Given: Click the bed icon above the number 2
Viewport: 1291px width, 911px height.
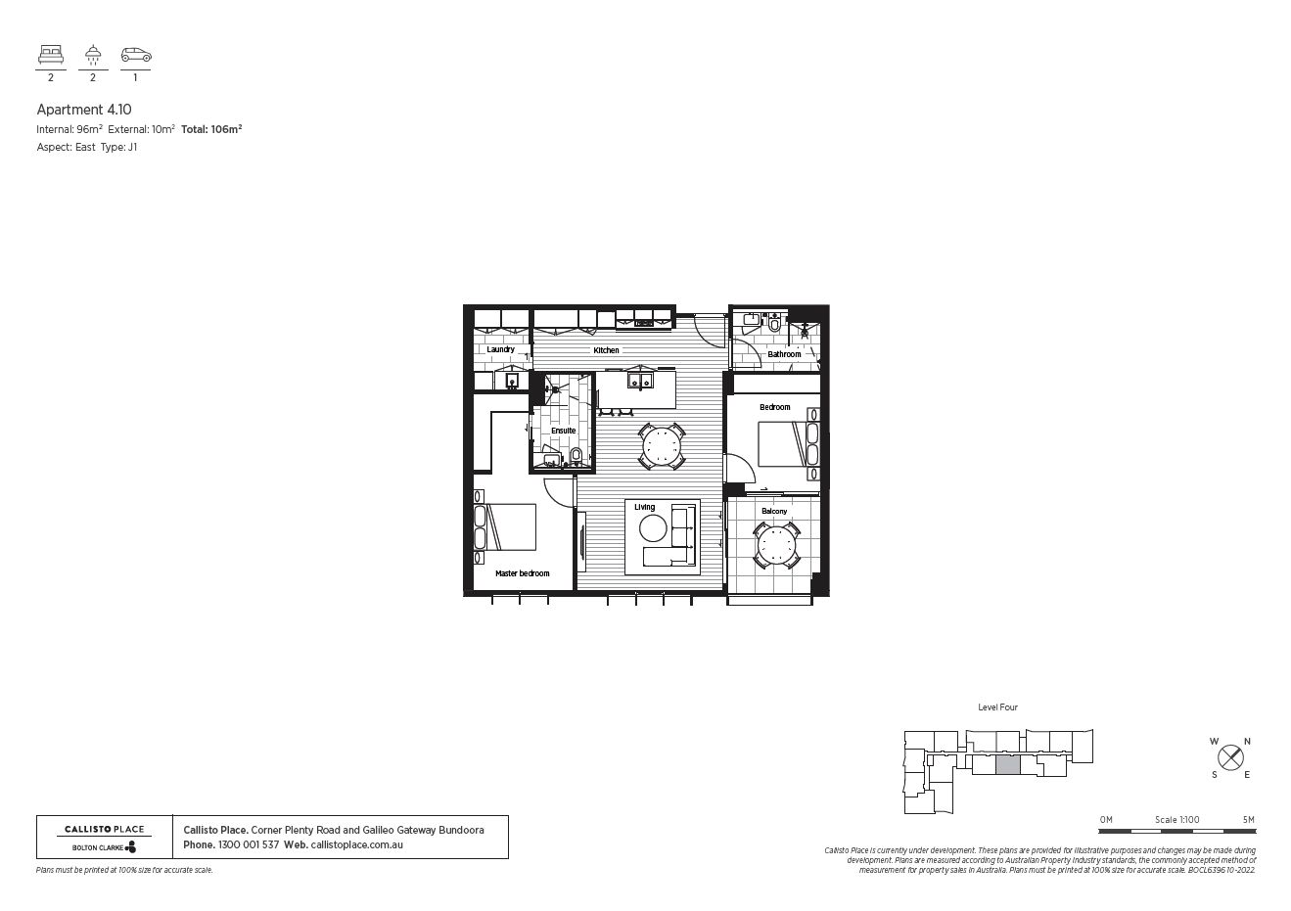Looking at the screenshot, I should (x=51, y=55).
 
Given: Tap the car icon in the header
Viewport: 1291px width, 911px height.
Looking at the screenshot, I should (x=135, y=56).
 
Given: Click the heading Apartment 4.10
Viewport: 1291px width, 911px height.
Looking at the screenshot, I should (x=83, y=110).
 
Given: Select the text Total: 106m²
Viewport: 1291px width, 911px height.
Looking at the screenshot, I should (x=211, y=128).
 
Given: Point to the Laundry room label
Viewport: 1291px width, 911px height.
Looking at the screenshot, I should (x=500, y=349).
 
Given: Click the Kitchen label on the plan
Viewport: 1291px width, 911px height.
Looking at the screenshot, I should (x=606, y=350).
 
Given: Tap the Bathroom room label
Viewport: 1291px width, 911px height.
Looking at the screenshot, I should (x=784, y=354).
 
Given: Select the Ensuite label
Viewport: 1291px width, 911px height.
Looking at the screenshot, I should (x=563, y=431).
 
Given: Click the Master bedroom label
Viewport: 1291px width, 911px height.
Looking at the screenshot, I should (x=522, y=573).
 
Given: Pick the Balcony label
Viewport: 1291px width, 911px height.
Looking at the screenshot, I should (x=773, y=511).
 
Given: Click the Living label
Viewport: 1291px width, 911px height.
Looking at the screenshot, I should (x=644, y=507).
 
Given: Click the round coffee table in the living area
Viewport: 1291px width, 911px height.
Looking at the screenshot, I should (x=653, y=529).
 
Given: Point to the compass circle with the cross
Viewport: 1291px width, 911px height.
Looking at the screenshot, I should (x=1230, y=757).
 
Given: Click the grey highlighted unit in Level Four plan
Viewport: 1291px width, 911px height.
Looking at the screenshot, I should (x=1007, y=766).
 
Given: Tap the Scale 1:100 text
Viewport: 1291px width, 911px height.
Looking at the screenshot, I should (x=1176, y=820).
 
